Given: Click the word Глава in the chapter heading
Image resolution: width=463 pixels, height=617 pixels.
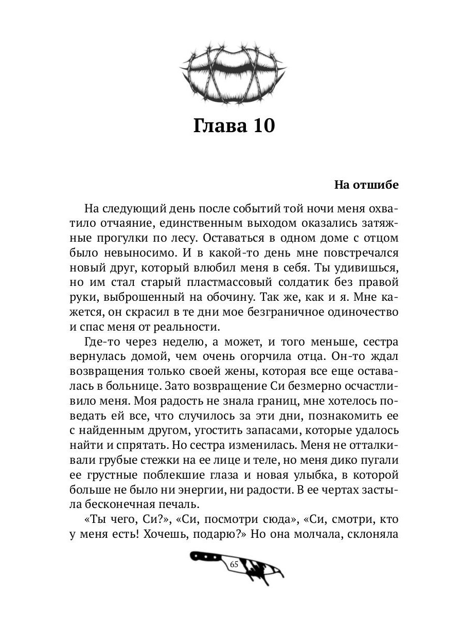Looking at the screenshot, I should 219,125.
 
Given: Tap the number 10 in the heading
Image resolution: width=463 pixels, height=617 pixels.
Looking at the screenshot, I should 260,125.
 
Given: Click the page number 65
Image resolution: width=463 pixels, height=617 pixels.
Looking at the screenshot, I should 234,564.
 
